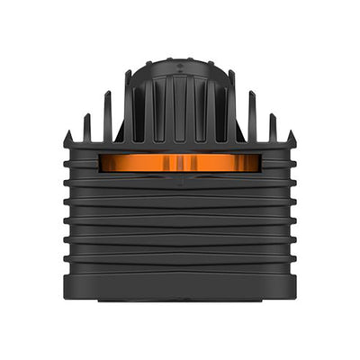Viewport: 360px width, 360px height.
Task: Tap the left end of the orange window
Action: pyautogui.click(x=103, y=163)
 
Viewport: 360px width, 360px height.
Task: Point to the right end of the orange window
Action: pyautogui.click(x=256, y=163)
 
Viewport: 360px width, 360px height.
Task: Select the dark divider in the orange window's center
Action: pyautogui.click(x=180, y=163)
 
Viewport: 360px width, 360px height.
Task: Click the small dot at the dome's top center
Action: pyautogui.click(x=180, y=64)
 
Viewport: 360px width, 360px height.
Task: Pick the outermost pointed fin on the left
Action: pyautogui.click(x=68, y=139)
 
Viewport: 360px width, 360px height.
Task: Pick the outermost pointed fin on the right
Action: pyautogui.click(x=291, y=139)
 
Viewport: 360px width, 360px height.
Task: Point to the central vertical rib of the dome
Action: pyautogui.click(x=180, y=108)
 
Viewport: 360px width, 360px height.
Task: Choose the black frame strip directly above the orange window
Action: pyautogui.click(x=180, y=149)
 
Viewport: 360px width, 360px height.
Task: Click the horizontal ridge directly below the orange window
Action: pyautogui.click(x=180, y=177)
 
